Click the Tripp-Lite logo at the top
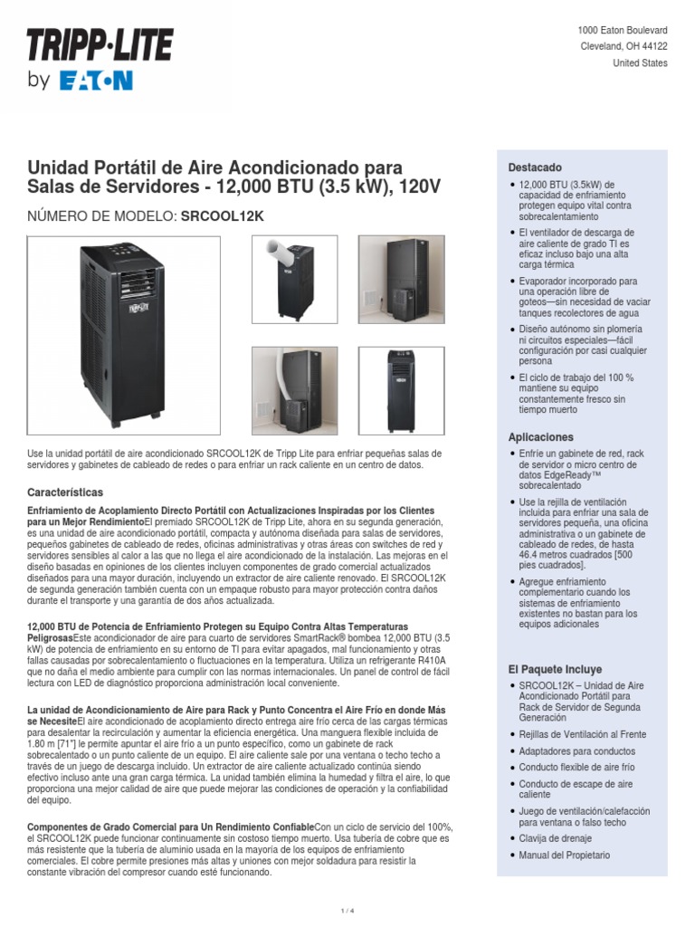click(x=100, y=46)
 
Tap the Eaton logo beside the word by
click(x=96, y=81)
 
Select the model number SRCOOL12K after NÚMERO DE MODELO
click(x=223, y=216)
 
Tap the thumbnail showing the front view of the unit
click(x=401, y=389)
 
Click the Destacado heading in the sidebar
click(x=535, y=168)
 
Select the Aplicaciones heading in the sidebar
click(x=541, y=437)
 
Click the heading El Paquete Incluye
click(x=555, y=669)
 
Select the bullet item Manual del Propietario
click(x=564, y=855)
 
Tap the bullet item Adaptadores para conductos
click(x=576, y=751)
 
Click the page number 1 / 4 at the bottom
click(x=347, y=910)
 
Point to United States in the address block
click(x=640, y=63)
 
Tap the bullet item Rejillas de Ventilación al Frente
click(x=583, y=734)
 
